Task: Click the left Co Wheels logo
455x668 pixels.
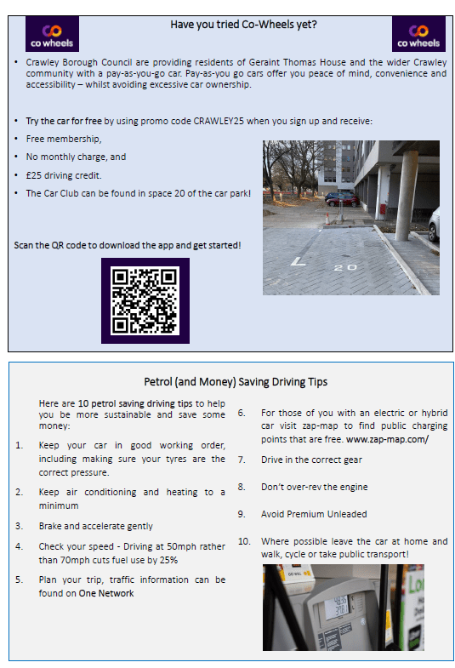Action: (x=52, y=34)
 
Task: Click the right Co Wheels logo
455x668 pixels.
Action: (x=418, y=34)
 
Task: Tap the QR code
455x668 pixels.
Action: (x=145, y=300)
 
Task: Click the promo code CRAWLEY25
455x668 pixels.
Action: (x=219, y=121)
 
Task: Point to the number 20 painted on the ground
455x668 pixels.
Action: (x=345, y=267)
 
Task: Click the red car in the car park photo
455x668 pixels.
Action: (x=343, y=200)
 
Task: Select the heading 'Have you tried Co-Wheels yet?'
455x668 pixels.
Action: (x=243, y=25)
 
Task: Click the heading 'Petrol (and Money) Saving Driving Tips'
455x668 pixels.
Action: (x=236, y=382)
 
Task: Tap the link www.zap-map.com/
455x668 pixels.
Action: (x=387, y=439)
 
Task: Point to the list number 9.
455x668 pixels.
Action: (x=242, y=514)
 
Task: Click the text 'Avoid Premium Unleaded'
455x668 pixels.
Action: (x=314, y=514)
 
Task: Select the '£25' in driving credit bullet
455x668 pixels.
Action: (x=33, y=175)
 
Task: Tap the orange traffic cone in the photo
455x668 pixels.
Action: (x=327, y=219)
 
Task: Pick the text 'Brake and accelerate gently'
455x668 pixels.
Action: (x=96, y=526)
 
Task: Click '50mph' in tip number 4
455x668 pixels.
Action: (x=180, y=546)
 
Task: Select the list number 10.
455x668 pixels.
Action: (x=244, y=541)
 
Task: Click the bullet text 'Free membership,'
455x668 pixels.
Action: (x=64, y=139)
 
